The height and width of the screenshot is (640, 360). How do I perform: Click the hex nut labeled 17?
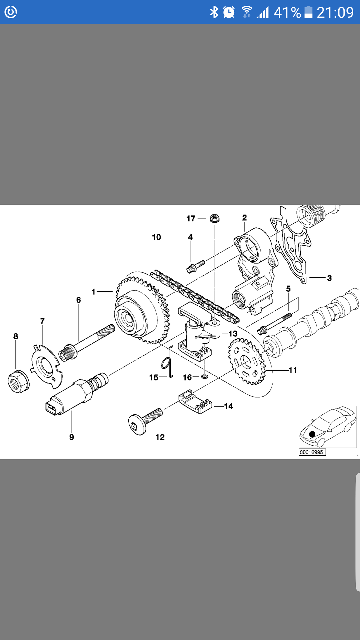click(215, 219)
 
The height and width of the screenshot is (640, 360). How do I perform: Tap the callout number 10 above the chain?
click(156, 237)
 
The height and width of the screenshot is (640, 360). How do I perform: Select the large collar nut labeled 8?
click(18, 381)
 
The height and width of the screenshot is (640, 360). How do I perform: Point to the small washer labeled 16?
click(205, 376)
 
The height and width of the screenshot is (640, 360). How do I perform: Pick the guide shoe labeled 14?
click(195, 402)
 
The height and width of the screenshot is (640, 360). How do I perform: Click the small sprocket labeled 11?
click(247, 361)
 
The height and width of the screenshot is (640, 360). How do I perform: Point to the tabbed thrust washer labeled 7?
click(46, 367)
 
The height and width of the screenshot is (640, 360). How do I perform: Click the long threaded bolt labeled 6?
click(87, 342)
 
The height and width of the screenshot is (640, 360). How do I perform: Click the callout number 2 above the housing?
click(244, 218)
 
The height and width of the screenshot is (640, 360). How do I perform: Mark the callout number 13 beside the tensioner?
click(233, 333)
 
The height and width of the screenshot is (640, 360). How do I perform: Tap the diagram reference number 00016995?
click(312, 452)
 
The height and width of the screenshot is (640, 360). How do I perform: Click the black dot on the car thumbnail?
click(312, 434)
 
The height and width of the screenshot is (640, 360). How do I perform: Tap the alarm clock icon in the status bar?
click(229, 12)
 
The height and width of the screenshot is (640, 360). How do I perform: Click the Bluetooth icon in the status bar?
click(214, 12)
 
